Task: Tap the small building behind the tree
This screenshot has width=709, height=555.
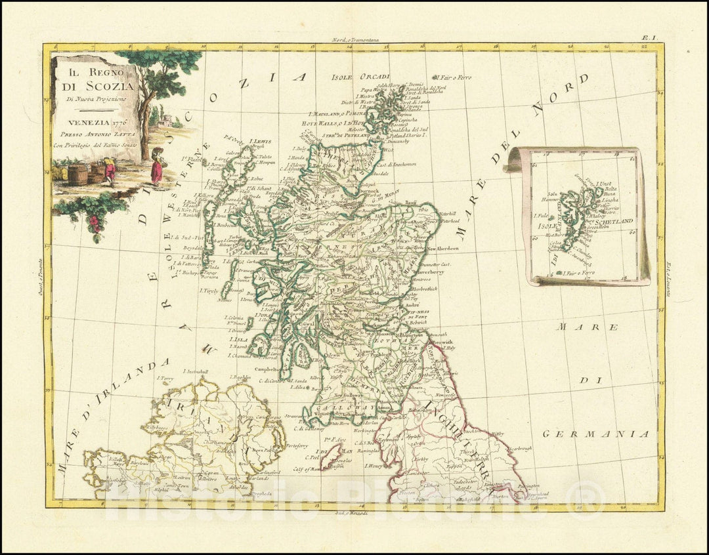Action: (165, 120)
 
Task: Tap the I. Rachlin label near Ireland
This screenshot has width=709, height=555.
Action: (242, 378)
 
